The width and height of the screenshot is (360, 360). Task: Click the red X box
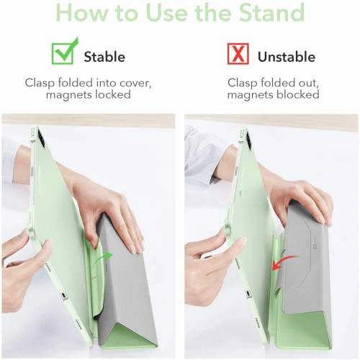(x=238, y=54)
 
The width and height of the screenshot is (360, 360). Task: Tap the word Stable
(x=104, y=57)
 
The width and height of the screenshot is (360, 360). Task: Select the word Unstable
(x=287, y=57)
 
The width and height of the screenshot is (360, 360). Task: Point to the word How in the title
(x=82, y=12)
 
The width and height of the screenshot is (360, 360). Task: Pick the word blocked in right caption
(x=298, y=94)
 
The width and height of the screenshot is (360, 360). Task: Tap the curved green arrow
(x=102, y=258)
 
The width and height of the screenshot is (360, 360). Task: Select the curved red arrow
(x=284, y=262)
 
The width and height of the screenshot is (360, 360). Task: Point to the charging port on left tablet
(x=63, y=295)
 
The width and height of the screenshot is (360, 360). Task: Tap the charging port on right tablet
(x=248, y=294)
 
